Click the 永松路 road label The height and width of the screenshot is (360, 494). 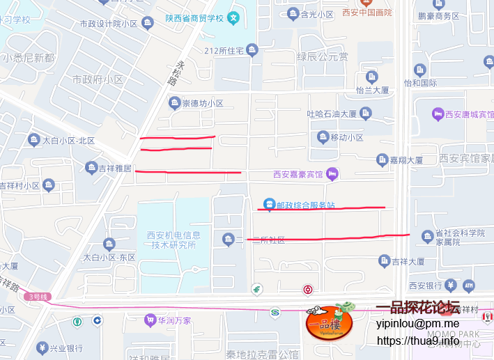point(182,72)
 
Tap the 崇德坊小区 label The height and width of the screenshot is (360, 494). point(202,104)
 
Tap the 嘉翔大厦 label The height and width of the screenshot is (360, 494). point(406,160)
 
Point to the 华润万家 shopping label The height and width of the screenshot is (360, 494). point(173,320)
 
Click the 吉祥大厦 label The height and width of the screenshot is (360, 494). point(408,261)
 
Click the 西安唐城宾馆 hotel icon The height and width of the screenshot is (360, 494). point(438,114)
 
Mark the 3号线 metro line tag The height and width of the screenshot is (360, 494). point(37,297)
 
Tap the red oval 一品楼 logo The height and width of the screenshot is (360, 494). point(330,323)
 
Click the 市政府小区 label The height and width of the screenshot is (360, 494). point(98,80)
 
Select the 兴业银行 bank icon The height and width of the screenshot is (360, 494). point(43,348)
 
